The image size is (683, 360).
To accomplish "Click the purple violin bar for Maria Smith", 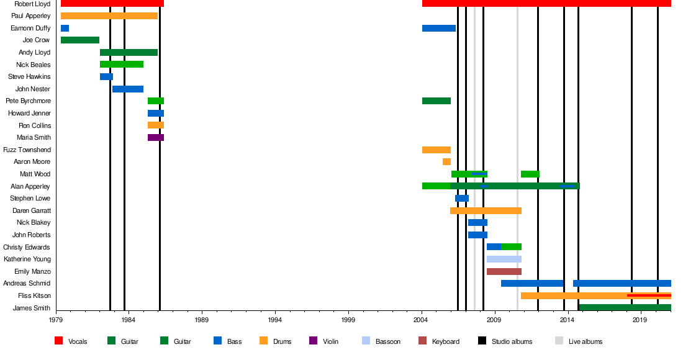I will tap(155, 138).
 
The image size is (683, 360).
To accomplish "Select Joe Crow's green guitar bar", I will tap(80, 40).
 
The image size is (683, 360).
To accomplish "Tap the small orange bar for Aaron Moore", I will tap(446, 162).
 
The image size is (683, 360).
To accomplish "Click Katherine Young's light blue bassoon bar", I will tap(504, 259).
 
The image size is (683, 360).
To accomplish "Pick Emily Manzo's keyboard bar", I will tap(504, 271).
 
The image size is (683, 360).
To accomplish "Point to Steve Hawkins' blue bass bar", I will tap(106, 77).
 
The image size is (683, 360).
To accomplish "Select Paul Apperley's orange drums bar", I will tap(109, 16).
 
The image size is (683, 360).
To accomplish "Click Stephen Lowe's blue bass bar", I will tap(461, 199).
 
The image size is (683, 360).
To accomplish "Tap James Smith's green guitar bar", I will tap(624, 308).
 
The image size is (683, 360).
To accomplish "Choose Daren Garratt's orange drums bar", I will tap(486, 211).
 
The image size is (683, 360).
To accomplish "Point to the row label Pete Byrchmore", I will tap(28, 101).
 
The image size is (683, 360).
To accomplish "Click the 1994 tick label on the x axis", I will tap(275, 320).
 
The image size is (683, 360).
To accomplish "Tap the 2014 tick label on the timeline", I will tap(567, 320).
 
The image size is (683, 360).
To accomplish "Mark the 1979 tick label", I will tap(56, 320).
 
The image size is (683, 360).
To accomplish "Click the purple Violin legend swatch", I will tap(313, 341).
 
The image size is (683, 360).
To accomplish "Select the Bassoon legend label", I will tap(388, 341).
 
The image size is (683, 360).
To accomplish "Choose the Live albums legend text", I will tap(585, 341).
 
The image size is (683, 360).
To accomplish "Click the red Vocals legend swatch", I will tap(59, 341).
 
